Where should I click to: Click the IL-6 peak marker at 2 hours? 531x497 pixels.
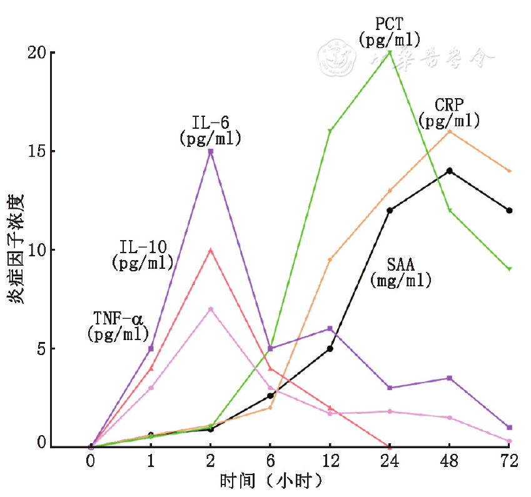(x=211, y=151)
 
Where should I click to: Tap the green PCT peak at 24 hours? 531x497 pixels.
(x=390, y=53)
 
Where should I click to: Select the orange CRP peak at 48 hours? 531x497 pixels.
(x=450, y=131)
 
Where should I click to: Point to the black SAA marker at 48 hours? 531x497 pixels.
(x=450, y=171)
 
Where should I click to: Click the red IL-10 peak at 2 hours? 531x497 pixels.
(x=211, y=250)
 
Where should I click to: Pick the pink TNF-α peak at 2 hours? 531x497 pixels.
(x=211, y=309)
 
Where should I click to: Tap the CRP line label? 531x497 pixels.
(x=449, y=112)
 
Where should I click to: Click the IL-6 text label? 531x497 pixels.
(x=210, y=130)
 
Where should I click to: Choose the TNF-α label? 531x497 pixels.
(x=119, y=325)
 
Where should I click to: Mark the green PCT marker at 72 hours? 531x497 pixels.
(x=509, y=269)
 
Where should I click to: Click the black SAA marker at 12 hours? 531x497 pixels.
(x=330, y=348)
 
